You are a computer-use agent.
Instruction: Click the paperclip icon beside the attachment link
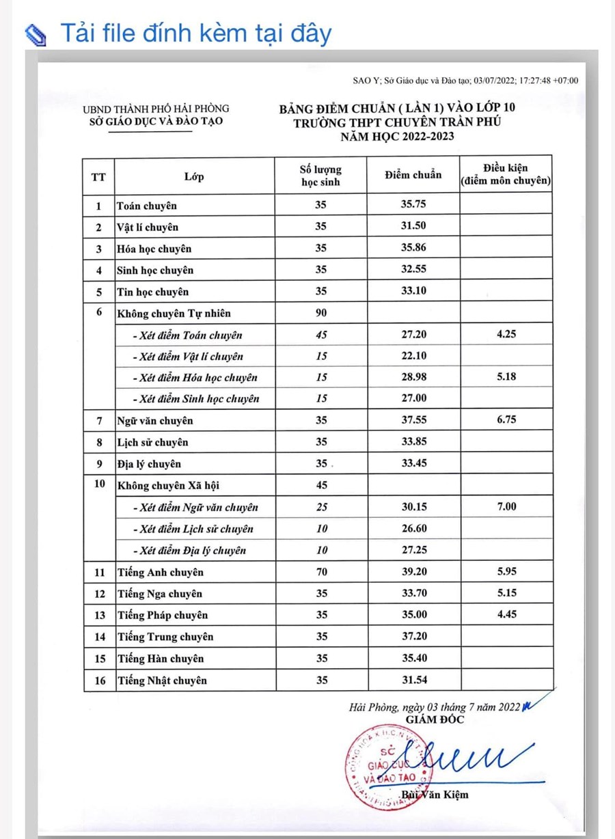tap(35, 33)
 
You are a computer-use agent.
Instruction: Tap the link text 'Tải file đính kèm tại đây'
tap(196, 32)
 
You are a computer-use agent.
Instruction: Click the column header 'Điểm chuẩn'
tap(413, 175)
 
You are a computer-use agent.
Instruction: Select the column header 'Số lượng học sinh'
tap(321, 176)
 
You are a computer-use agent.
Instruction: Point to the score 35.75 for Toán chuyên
tap(413, 205)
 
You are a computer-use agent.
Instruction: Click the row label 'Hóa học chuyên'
tap(154, 249)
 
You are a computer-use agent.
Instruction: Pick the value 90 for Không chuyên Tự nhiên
tap(321, 313)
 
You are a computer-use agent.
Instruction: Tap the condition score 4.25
tap(506, 335)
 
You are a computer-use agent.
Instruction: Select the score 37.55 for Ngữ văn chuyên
tap(413, 420)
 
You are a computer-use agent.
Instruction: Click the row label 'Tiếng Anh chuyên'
tap(160, 572)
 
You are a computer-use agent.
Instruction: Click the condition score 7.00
tap(506, 506)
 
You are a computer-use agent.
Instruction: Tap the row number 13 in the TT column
tap(100, 615)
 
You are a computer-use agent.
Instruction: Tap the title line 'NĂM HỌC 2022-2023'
tap(398, 136)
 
